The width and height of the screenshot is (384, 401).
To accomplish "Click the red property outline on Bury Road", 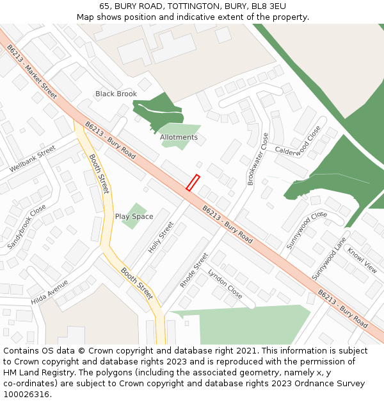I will (193, 182).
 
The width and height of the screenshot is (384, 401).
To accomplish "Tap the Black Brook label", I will (116, 94).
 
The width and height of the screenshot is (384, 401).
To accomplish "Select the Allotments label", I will (179, 137).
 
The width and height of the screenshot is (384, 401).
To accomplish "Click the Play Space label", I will (134, 217).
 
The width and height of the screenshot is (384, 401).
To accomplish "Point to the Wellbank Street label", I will (33, 159).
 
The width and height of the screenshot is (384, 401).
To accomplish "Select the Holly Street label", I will (161, 237).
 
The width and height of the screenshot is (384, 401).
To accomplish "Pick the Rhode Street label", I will (194, 269).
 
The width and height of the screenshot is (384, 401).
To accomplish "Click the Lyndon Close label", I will (225, 284).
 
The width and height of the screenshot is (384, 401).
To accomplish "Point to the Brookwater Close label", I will (257, 158).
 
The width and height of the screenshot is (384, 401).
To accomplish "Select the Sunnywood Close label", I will (307, 230).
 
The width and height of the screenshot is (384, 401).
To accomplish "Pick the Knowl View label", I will (362, 259).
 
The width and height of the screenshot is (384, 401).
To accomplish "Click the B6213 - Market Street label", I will (31, 71).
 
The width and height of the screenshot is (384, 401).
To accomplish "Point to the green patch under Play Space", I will (134, 219).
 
